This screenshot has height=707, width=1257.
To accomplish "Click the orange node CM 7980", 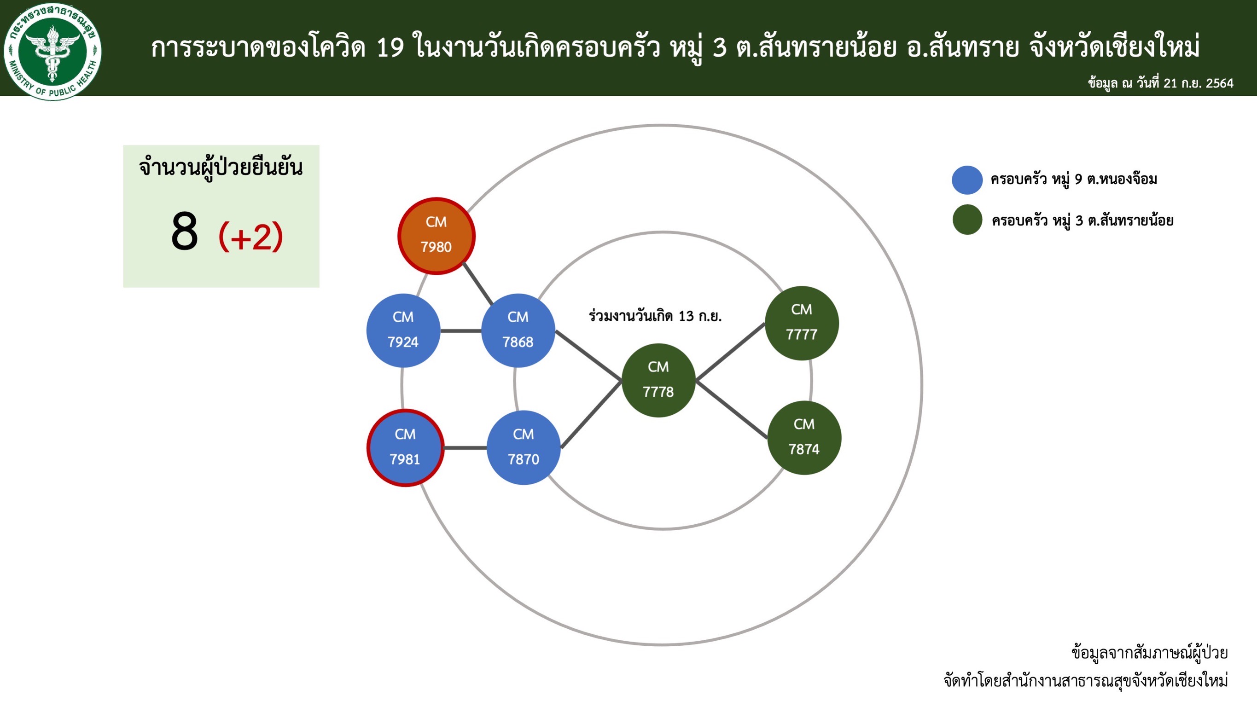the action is (x=436, y=236).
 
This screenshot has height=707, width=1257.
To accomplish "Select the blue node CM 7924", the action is (x=403, y=330).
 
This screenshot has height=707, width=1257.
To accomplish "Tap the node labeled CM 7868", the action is (x=518, y=330).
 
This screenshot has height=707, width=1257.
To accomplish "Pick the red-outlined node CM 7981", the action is (x=405, y=447).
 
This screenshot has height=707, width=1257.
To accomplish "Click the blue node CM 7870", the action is (x=523, y=447).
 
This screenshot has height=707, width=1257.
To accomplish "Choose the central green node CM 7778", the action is (x=658, y=380).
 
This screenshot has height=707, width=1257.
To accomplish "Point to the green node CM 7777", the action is (x=802, y=323).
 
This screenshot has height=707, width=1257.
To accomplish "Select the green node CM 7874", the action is (x=804, y=438).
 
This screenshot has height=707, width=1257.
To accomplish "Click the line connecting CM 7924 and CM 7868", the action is (x=460, y=331).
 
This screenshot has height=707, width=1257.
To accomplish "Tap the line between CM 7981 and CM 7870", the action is (x=465, y=447).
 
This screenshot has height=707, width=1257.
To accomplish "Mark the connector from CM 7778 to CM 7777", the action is (x=730, y=351).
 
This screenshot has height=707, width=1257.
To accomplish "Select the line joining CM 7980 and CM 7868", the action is (x=478, y=284).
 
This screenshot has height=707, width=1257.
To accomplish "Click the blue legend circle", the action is (x=967, y=180).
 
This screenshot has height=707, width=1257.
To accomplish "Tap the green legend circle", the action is (x=967, y=220).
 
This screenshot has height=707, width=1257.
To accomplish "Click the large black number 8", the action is (x=185, y=232).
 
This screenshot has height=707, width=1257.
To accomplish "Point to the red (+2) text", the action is (x=251, y=236).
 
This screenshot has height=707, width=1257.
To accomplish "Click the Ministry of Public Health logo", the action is (x=52, y=51).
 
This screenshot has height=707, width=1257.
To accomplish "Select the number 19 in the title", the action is (x=390, y=48).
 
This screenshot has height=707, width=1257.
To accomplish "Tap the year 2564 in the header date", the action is (x=1219, y=83).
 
